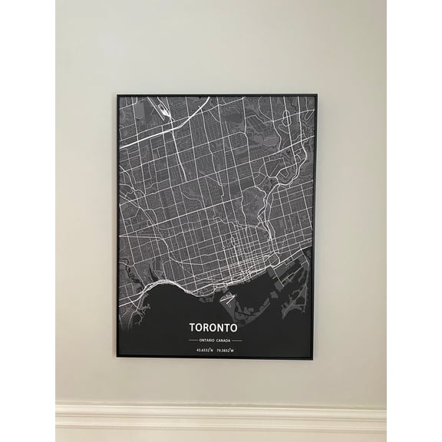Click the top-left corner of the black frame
(x=117, y=95)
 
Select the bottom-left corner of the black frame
(x=117, y=356)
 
